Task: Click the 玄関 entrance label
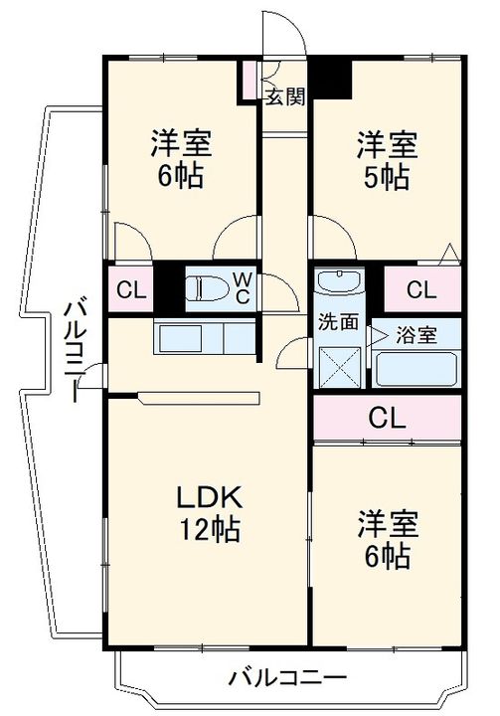[284, 96]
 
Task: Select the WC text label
[242, 288]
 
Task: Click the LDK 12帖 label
[210, 512]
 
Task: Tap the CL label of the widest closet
[388, 417]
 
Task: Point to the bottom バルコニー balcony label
[288, 681]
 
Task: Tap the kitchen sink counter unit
[204, 338]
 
